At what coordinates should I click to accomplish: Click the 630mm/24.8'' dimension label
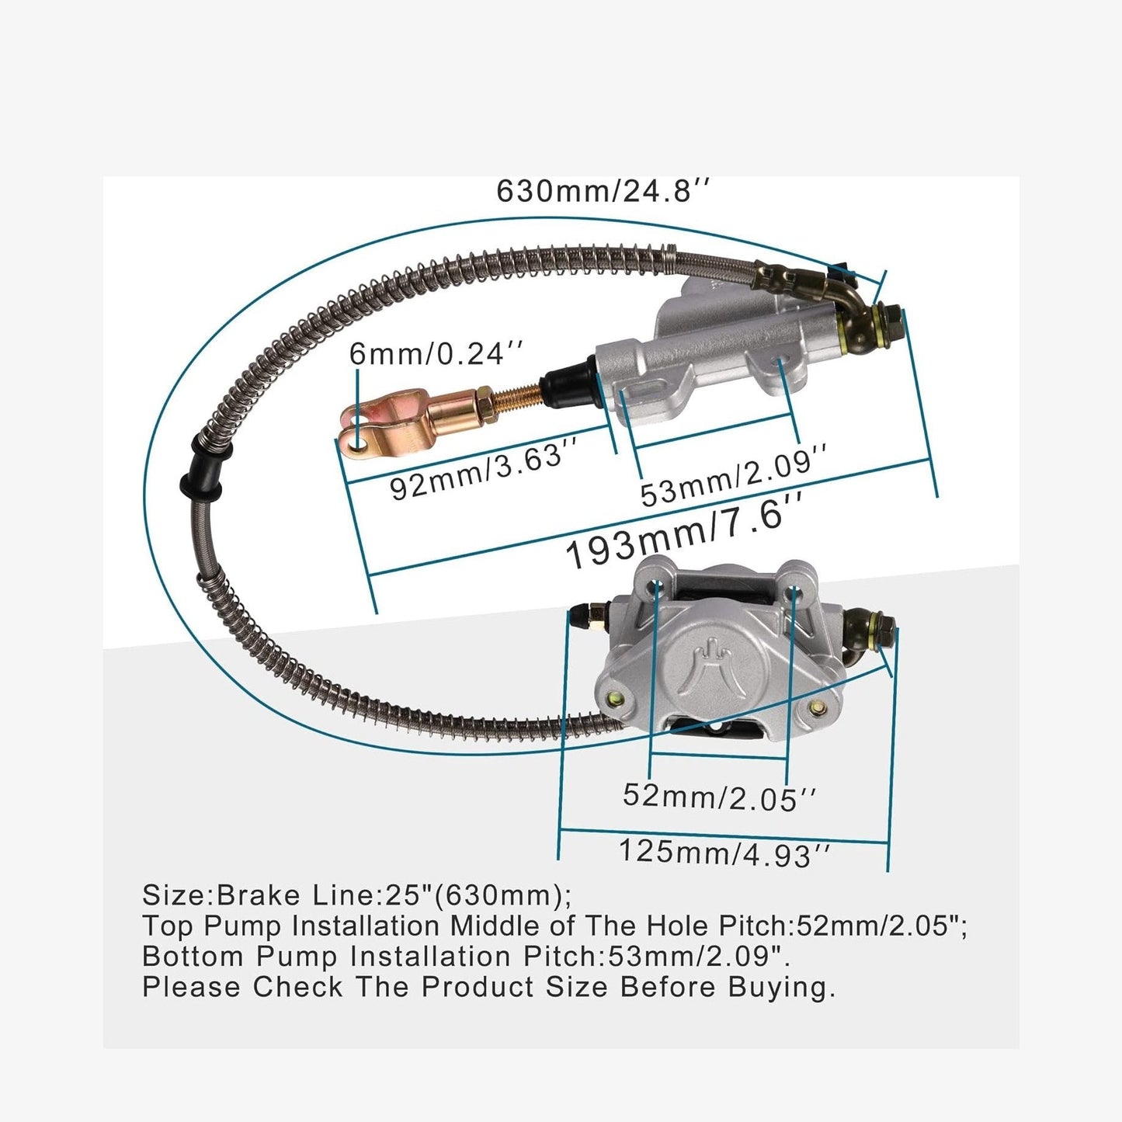tap(603, 191)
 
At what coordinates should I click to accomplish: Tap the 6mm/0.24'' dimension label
tap(436, 353)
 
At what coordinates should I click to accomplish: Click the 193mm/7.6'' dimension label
tap(685, 530)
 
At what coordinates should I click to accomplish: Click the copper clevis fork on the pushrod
tap(387, 422)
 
